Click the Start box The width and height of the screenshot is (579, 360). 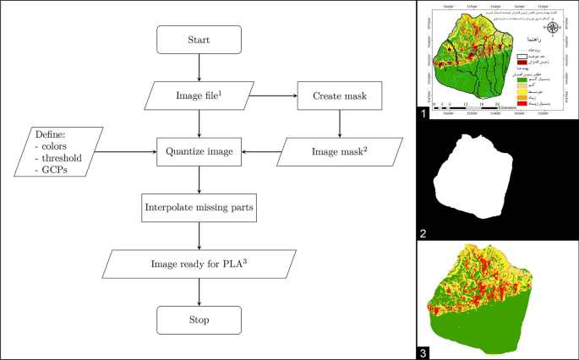pyautogui.click(x=199, y=39)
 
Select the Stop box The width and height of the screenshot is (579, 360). pyautogui.click(x=199, y=319)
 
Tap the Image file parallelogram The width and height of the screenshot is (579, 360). pyautogui.click(x=199, y=95)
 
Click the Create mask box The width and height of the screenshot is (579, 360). pyautogui.click(x=340, y=95)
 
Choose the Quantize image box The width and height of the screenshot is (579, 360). pyautogui.click(x=199, y=153)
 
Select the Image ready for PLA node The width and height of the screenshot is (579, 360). pyautogui.click(x=199, y=265)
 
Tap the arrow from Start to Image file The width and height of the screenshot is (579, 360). pyautogui.click(x=199, y=68)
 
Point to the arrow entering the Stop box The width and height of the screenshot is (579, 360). pyautogui.click(x=199, y=292)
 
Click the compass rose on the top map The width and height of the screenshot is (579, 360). pyautogui.click(x=553, y=27)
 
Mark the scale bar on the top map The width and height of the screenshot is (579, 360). pyautogui.click(x=469, y=107)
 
